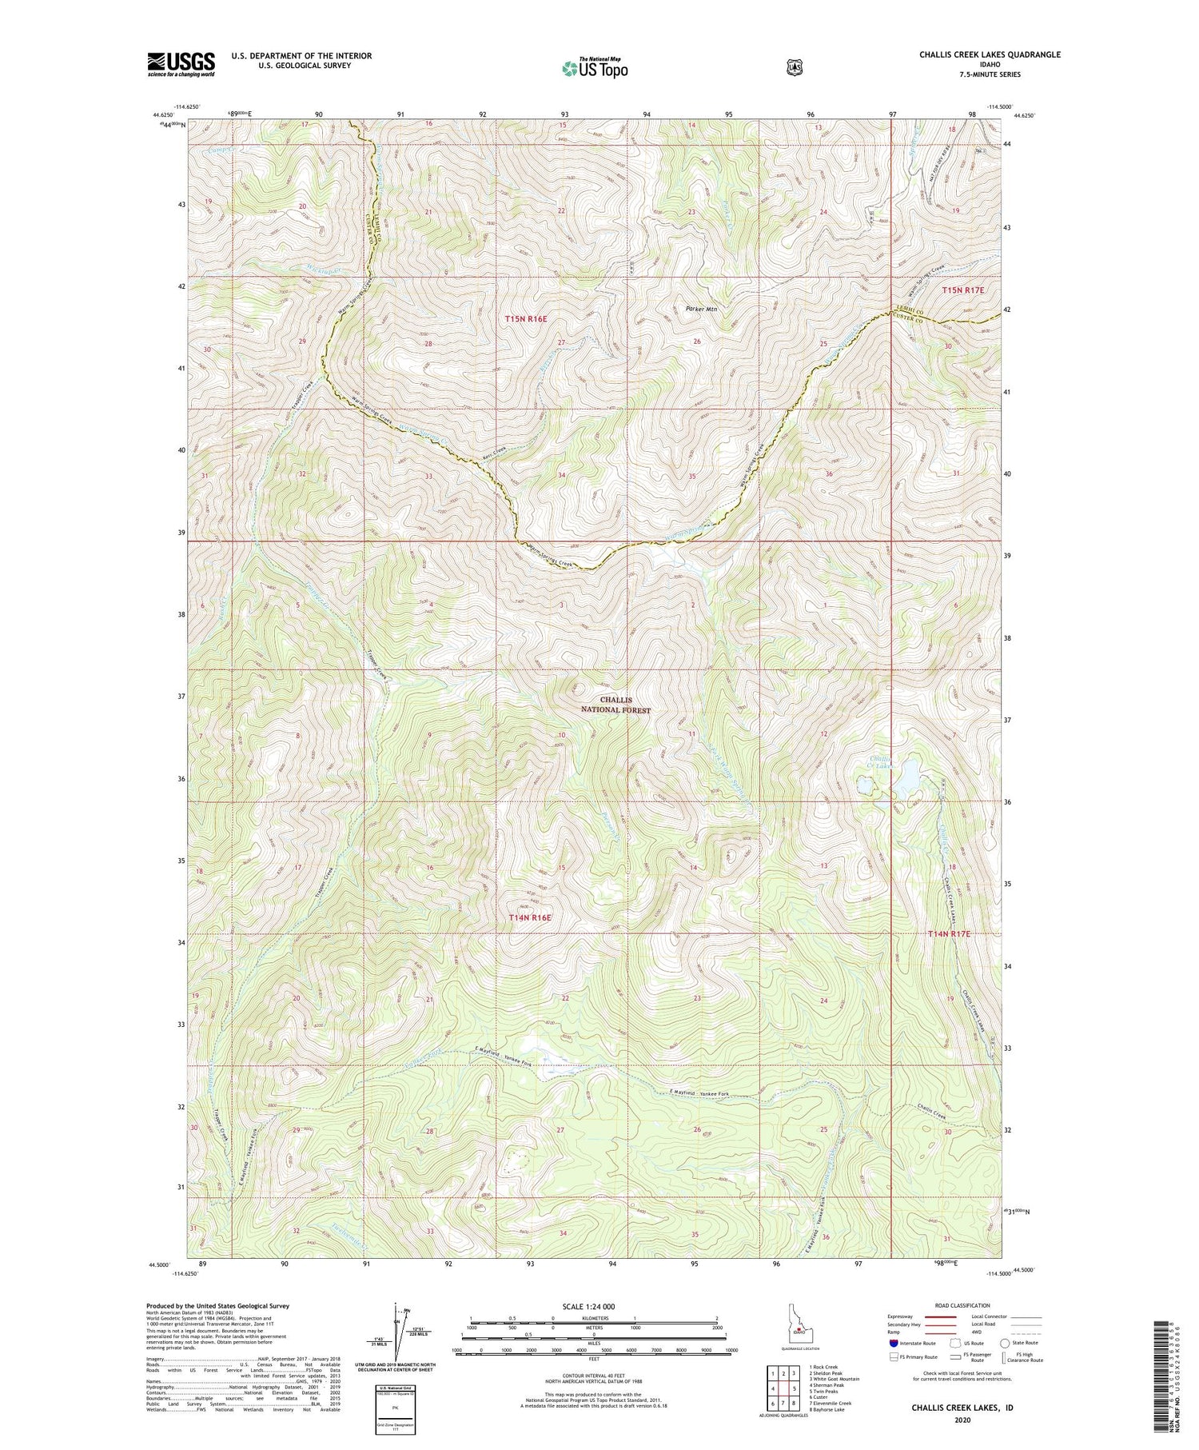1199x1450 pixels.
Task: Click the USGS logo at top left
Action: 181,64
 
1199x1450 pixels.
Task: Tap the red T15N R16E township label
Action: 526,319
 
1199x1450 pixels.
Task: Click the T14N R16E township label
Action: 530,917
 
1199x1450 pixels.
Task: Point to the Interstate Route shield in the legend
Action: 893,1343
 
